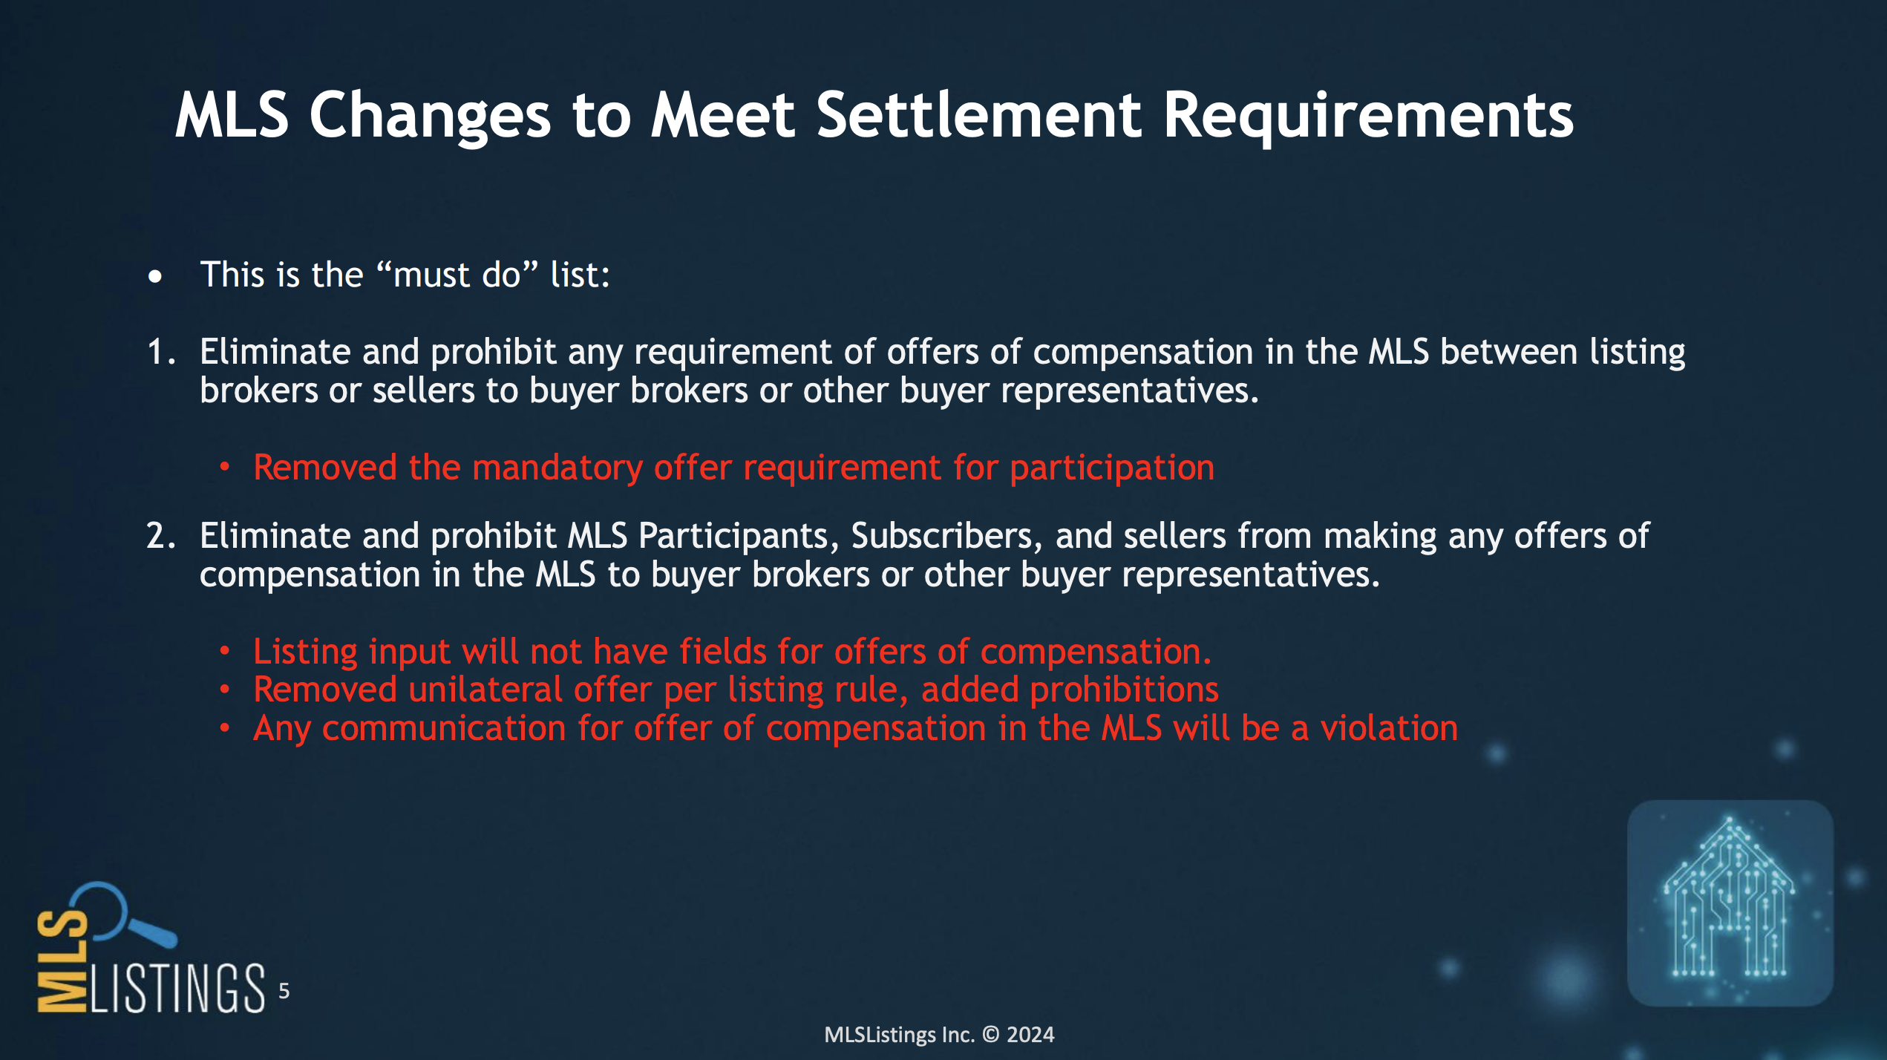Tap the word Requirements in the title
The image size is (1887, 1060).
tap(1368, 117)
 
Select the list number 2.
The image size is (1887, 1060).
tap(161, 535)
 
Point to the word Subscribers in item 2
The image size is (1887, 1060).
tap(946, 536)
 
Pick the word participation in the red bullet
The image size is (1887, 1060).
tap(1112, 468)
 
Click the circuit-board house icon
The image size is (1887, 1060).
tap(1730, 902)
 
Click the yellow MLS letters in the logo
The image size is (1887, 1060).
tap(62, 961)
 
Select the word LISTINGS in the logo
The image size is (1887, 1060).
tap(177, 988)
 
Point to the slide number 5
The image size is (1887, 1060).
tap(284, 991)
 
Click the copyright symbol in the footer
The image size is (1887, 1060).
tap(991, 1034)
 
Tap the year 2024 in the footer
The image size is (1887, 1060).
tap(1030, 1034)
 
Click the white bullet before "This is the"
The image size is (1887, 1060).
tap(154, 277)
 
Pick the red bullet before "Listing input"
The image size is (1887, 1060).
tap(225, 651)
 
